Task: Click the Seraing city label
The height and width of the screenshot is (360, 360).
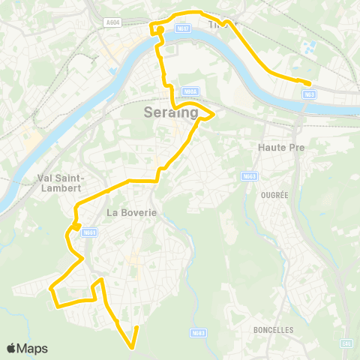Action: click(170, 113)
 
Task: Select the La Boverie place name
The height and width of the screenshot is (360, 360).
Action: click(131, 212)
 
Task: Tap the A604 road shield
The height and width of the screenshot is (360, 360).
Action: click(113, 22)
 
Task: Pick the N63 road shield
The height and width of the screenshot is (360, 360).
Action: click(309, 94)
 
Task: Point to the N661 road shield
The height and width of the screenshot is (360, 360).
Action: click(88, 232)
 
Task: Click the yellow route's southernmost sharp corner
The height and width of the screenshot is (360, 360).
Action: click(132, 347)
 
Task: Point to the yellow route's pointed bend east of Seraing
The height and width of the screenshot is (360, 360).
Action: click(214, 114)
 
